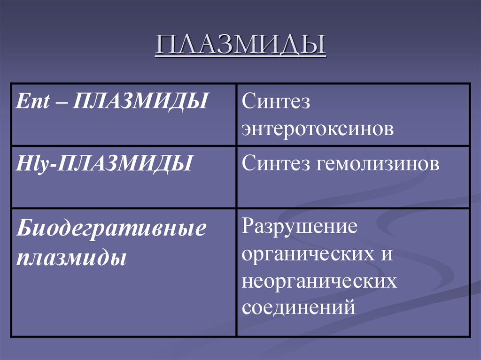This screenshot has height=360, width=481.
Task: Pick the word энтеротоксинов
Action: [317, 129]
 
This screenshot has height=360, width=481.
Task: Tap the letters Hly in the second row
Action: [30, 165]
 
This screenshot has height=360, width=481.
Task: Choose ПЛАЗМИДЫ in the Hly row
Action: [124, 165]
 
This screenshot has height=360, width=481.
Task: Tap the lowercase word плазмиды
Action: [71, 258]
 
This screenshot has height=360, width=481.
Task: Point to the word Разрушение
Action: [300, 227]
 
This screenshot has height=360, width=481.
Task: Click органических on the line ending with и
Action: [304, 254]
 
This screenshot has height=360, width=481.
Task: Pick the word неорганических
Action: [319, 282]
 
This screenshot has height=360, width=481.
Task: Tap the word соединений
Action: [297, 308]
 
